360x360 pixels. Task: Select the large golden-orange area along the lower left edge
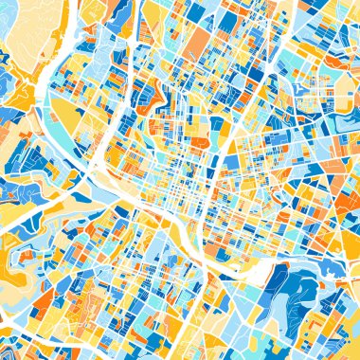click(x=14, y=275)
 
